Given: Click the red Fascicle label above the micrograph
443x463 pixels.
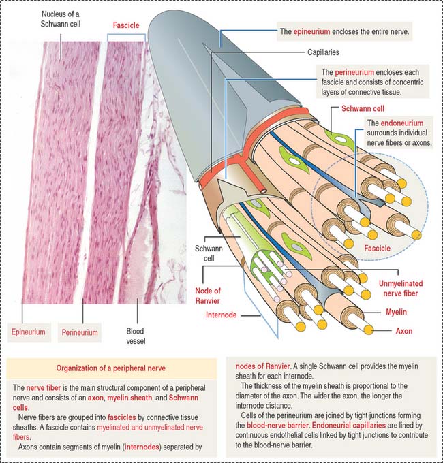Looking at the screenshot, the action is click(x=126, y=25).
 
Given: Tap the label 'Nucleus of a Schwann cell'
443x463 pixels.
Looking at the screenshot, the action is click(x=60, y=19).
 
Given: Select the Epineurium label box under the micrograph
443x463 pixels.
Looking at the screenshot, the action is click(x=29, y=332).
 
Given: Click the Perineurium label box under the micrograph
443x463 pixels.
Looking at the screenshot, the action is click(x=80, y=332).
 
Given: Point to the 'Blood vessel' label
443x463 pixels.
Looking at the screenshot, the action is click(x=136, y=336).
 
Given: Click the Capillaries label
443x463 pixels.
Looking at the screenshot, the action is click(x=323, y=52).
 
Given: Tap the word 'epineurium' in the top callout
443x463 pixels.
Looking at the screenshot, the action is click(x=311, y=31).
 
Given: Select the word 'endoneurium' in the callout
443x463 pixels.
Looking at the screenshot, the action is click(x=402, y=123).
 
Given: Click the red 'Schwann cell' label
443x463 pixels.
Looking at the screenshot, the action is click(x=363, y=109).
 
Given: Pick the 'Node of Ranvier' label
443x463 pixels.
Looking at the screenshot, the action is click(x=208, y=296).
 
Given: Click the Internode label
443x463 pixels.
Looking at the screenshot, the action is click(x=221, y=315).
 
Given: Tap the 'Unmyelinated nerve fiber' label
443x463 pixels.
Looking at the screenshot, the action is click(x=401, y=289).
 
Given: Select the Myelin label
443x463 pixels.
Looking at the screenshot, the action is click(x=396, y=312).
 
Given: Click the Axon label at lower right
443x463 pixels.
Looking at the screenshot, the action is click(x=404, y=331).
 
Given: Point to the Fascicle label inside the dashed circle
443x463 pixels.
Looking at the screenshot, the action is click(x=377, y=249).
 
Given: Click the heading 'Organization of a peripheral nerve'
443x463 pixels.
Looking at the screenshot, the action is click(x=111, y=368).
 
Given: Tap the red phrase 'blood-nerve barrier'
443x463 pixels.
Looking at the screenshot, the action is click(x=277, y=426).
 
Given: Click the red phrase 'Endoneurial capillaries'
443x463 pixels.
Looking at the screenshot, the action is click(x=349, y=426).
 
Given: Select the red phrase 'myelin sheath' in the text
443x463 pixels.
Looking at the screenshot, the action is click(x=129, y=398).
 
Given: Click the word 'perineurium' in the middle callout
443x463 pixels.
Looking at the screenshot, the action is click(x=354, y=72).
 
